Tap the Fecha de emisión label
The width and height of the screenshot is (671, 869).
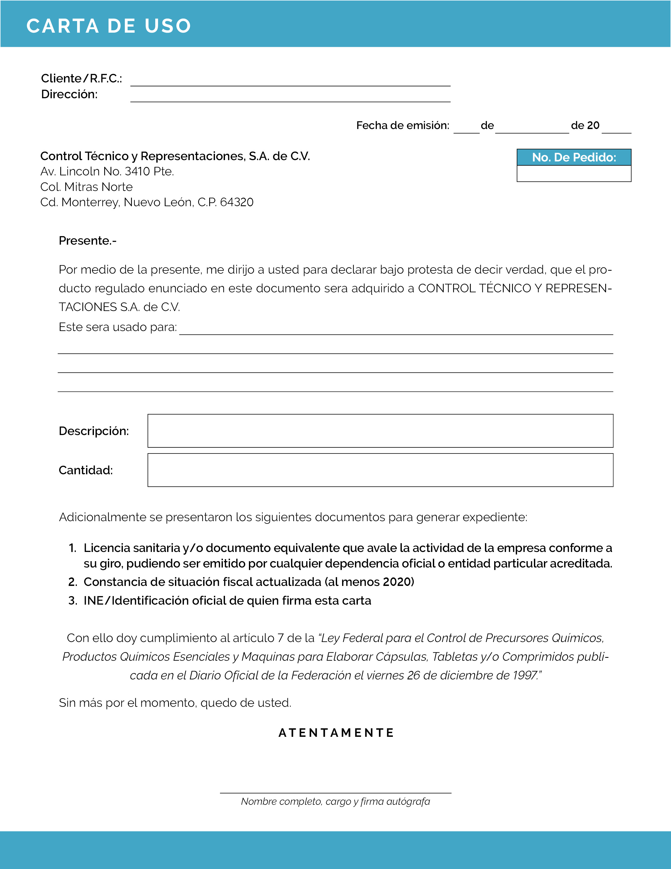click(402, 126)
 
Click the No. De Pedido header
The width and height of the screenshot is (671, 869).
click(574, 157)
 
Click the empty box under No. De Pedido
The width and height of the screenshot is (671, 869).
click(574, 174)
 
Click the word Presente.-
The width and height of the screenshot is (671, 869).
click(87, 241)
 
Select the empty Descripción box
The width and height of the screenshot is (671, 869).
click(380, 431)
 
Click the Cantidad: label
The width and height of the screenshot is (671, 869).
click(86, 470)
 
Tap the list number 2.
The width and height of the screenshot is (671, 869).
click(72, 582)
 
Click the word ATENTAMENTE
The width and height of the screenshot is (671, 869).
click(336, 733)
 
